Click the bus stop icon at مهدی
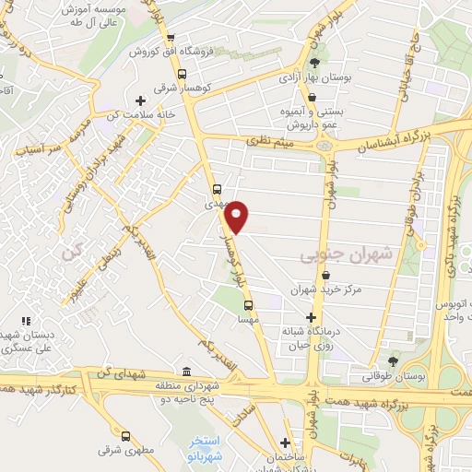(x=218, y=191)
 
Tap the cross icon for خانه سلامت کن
(x=140, y=100)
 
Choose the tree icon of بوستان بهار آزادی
(x=316, y=62)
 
